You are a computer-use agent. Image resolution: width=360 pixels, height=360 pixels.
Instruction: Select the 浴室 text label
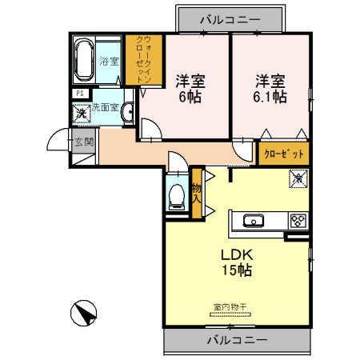click(x=109, y=60)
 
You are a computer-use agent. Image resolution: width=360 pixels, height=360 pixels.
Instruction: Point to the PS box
click(x=79, y=94)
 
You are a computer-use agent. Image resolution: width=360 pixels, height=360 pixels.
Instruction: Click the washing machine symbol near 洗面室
click(x=80, y=113)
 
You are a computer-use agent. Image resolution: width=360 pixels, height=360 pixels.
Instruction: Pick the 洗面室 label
click(x=105, y=106)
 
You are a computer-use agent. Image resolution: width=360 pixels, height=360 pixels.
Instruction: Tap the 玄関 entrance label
click(x=83, y=142)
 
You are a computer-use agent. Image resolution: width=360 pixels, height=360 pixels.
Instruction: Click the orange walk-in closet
click(x=142, y=60)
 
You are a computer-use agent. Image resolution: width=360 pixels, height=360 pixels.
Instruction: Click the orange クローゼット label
click(x=284, y=153)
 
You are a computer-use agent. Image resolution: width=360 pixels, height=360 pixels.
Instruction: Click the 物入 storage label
click(x=197, y=191)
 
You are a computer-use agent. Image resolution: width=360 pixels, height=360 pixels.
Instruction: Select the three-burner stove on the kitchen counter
click(x=297, y=219)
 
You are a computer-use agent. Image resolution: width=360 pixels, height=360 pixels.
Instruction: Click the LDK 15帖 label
click(x=236, y=262)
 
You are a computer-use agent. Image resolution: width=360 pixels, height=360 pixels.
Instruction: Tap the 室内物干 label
click(x=229, y=306)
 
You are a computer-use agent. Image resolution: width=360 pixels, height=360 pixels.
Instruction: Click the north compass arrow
click(x=85, y=310)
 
